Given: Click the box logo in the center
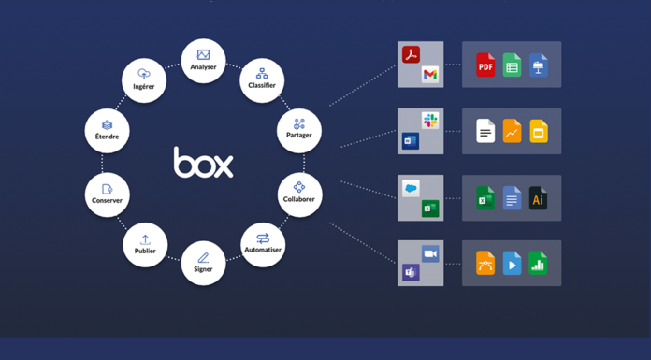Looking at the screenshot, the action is click(x=204, y=163).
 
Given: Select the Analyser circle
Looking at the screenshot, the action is click(x=204, y=61).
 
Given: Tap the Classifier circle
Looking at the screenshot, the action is click(x=262, y=80).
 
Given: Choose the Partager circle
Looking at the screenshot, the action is click(x=299, y=131).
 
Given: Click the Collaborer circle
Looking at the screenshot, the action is click(x=299, y=194).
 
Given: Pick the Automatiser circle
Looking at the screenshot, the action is click(x=263, y=245).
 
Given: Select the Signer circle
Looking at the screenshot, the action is click(x=204, y=264).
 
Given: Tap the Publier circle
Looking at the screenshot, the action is click(x=145, y=245).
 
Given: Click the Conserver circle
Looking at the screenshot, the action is click(x=108, y=194).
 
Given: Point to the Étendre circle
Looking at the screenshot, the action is click(x=108, y=131).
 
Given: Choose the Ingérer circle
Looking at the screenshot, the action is click(x=144, y=80).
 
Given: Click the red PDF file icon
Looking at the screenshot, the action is click(x=485, y=65).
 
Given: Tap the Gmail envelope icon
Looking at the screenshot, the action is click(x=430, y=75).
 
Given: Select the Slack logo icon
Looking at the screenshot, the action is click(x=430, y=121).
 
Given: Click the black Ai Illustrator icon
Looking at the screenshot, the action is click(x=538, y=198).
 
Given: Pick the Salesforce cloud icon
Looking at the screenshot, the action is click(x=411, y=189).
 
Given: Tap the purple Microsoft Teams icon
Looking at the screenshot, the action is click(x=411, y=272).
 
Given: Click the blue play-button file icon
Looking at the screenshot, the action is click(x=512, y=264).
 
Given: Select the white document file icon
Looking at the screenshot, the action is click(x=485, y=131).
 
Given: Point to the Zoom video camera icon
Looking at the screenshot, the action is click(x=430, y=253).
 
